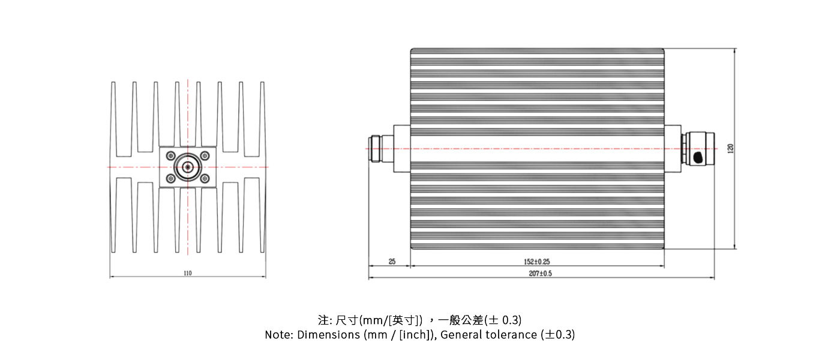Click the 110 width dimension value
pyautogui.click(x=188, y=273)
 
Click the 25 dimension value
pyautogui.click(x=392, y=262)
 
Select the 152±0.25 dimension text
pyautogui.click(x=537, y=262)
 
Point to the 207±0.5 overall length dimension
pyautogui.click(x=541, y=273)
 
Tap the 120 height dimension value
pyautogui.click(x=730, y=148)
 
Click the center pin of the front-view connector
pyautogui.click(x=188, y=167)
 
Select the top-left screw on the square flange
pyautogui.click(x=170, y=155)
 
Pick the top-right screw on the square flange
pyautogui.click(x=205, y=155)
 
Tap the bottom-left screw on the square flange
pyautogui.click(x=170, y=179)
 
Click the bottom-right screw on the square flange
pyautogui.click(x=205, y=179)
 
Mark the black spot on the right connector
pyautogui.click(x=698, y=157)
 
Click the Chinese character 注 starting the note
pyautogui.click(x=323, y=320)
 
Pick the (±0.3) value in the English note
pyautogui.click(x=558, y=335)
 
